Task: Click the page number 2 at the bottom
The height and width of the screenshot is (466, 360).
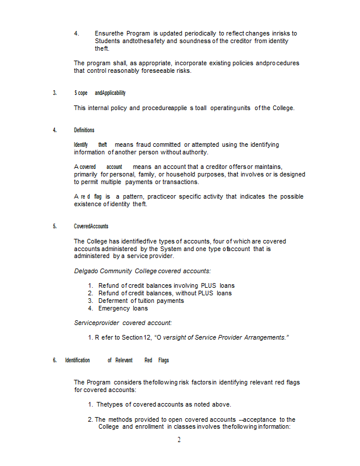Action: (x=179, y=440)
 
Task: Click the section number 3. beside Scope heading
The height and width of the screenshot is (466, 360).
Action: (x=55, y=93)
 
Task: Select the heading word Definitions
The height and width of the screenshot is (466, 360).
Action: (x=84, y=130)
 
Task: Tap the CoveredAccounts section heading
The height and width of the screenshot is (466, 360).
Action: (x=91, y=226)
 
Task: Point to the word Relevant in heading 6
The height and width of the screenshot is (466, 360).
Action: (x=123, y=360)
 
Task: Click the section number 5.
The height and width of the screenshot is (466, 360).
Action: (x=55, y=226)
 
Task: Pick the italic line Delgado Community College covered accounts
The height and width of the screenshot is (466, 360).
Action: (x=142, y=271)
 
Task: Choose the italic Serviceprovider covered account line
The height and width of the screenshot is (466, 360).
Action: (x=122, y=323)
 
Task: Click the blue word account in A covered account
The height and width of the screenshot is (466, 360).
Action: (x=114, y=167)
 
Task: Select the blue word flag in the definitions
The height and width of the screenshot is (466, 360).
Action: (x=98, y=197)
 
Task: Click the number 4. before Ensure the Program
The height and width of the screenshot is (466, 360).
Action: (x=76, y=34)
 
